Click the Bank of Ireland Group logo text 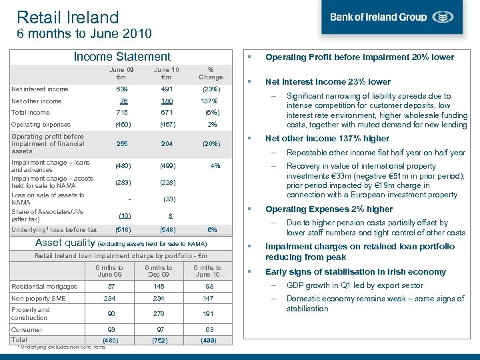[x=378, y=17]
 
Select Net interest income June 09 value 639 [x=122, y=89]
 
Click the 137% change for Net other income [x=211, y=101]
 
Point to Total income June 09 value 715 [x=122, y=113]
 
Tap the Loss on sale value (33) [x=169, y=199]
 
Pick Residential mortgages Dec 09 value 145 [x=158, y=286]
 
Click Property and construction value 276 [x=158, y=314]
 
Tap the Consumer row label [x=27, y=330]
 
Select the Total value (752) [x=158, y=340]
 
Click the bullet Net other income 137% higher [x=327, y=139]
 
